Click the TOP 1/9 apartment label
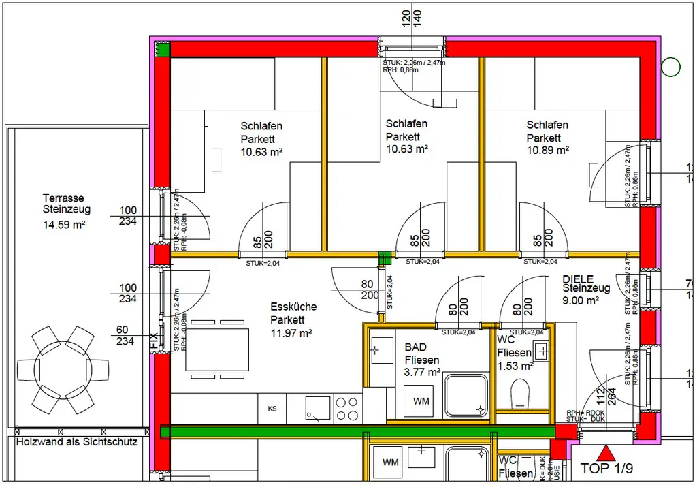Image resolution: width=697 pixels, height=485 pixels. (608, 469)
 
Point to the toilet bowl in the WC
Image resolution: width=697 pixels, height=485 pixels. (520, 394)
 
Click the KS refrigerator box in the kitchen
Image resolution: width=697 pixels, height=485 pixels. (272, 409)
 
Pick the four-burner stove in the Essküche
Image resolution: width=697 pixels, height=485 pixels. (348, 409)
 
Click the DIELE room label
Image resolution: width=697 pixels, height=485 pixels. (578, 279)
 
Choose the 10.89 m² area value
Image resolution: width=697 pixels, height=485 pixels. (548, 151)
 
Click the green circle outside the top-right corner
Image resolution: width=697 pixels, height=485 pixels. (671, 67)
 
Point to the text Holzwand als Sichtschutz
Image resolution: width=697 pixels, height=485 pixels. (77, 442)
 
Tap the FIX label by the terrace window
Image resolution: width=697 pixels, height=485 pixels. (154, 341)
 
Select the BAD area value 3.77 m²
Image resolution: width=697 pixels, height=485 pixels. (423, 372)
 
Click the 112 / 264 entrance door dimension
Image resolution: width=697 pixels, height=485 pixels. (605, 396)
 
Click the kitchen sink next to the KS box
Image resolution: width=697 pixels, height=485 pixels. (317, 409)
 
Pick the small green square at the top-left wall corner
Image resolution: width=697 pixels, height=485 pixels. (162, 49)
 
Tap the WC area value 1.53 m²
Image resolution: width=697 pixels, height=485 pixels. (515, 366)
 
